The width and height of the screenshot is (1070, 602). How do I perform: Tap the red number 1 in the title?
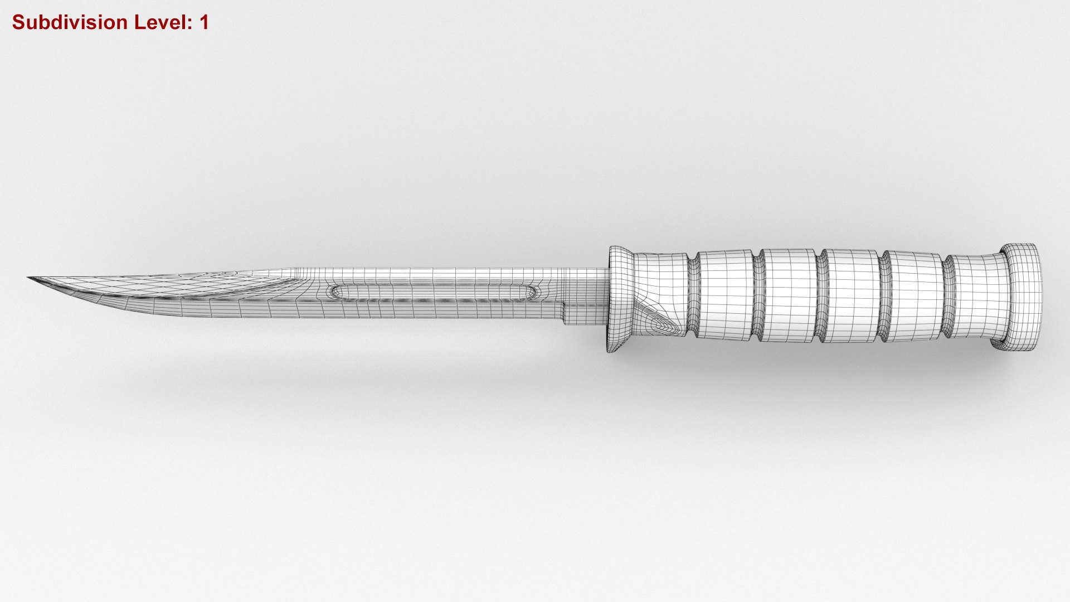203,23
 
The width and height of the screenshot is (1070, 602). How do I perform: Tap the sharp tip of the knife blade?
29,278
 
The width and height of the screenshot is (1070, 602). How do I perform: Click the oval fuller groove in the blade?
435,292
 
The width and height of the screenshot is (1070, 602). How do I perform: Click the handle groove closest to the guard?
692,295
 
